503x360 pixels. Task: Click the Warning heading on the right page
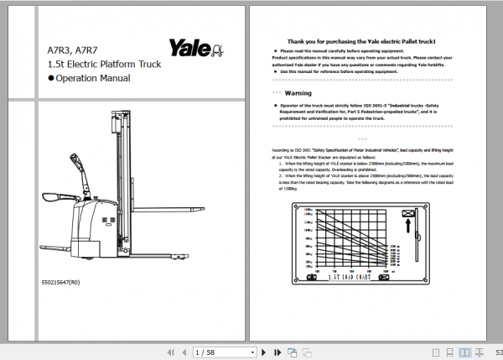[298, 92]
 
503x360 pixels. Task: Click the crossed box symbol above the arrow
[410, 214]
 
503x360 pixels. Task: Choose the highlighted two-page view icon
[465, 352]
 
